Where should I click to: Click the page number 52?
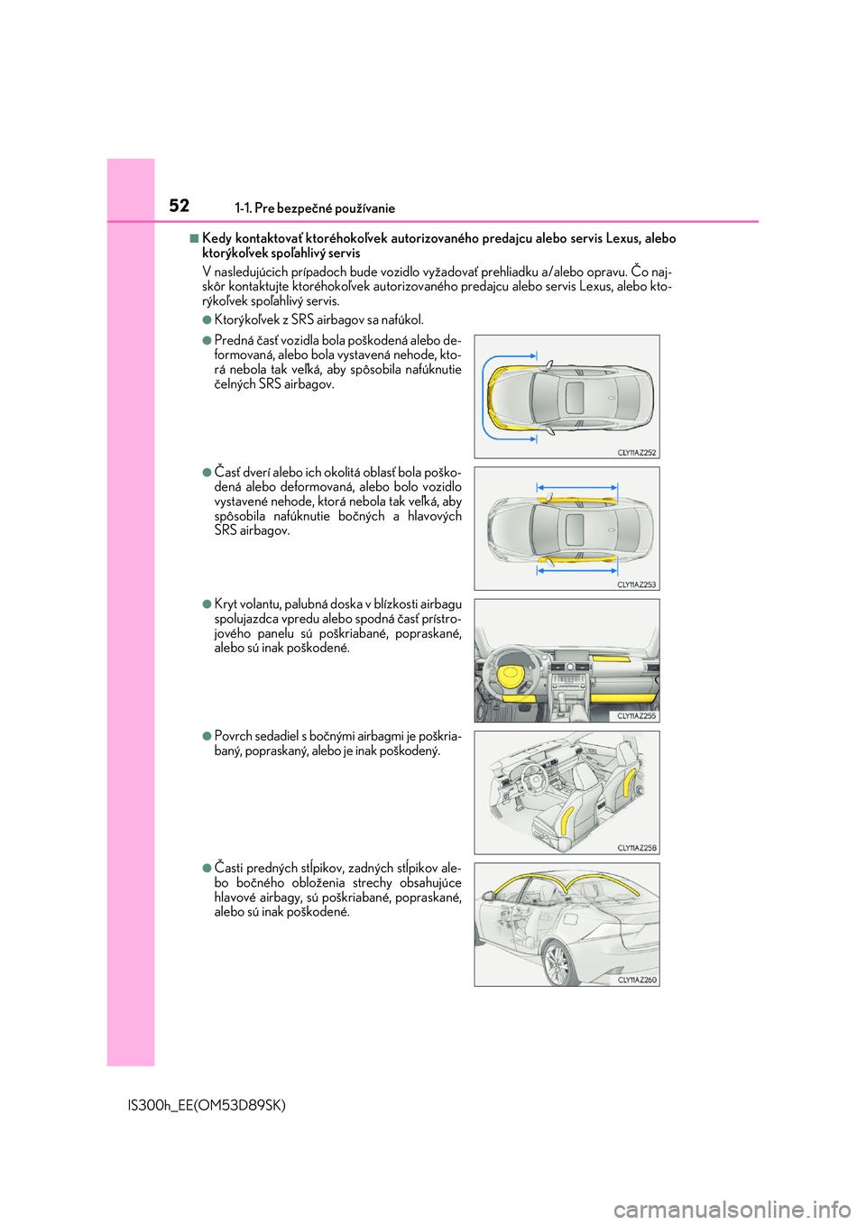180,206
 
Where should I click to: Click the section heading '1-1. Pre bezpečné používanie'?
315,208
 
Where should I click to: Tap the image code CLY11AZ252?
637,453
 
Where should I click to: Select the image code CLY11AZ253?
637,585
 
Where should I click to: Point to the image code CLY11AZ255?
637,716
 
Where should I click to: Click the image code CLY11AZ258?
637,848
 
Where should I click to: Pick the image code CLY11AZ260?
637,980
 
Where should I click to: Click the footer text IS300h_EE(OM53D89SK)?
207,1105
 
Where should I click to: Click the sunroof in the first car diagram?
575,397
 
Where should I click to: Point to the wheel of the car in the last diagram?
557,965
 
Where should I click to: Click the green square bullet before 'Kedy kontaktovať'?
194,238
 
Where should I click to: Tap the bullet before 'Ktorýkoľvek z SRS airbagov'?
207,319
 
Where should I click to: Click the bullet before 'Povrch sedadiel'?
207,736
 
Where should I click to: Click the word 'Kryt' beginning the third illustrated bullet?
226,604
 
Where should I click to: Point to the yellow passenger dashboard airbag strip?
611,660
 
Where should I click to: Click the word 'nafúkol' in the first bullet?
402,319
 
